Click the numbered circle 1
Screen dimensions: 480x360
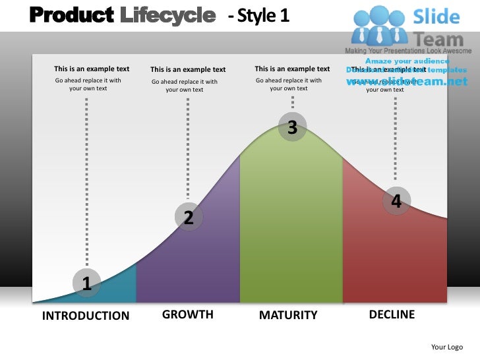86,284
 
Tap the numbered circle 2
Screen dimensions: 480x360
189,217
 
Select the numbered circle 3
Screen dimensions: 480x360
292,128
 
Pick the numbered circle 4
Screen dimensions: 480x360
396,201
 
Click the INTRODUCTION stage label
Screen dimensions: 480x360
86,316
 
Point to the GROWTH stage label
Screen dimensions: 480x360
188,315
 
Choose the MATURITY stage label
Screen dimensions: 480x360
288,315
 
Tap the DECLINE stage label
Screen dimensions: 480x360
392,315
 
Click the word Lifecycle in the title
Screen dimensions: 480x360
168,15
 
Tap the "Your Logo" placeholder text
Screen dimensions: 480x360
446,347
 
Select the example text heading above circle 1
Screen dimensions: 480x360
92,69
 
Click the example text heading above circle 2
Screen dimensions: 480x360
188,69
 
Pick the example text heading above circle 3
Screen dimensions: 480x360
292,69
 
